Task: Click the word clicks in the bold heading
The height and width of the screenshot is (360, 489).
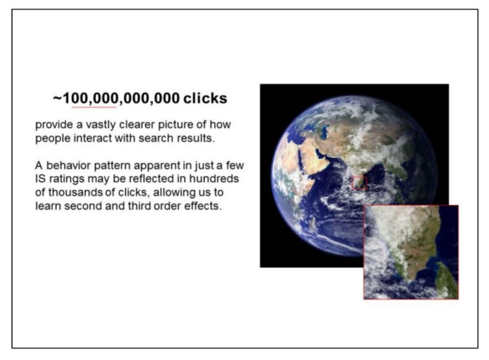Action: click(x=206, y=98)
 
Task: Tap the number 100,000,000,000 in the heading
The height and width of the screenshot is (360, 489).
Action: click(x=121, y=98)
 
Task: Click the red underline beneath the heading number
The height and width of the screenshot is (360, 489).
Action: click(x=94, y=107)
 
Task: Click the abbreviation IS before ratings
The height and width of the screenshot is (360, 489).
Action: click(x=40, y=179)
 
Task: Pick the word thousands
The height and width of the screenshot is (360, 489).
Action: click(x=75, y=192)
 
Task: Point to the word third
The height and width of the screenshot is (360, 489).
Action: click(x=139, y=206)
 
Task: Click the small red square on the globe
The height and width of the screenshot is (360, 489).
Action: click(x=359, y=182)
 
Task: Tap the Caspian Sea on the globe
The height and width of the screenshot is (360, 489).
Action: click(x=324, y=131)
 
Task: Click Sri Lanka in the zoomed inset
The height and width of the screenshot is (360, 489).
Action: click(x=447, y=281)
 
